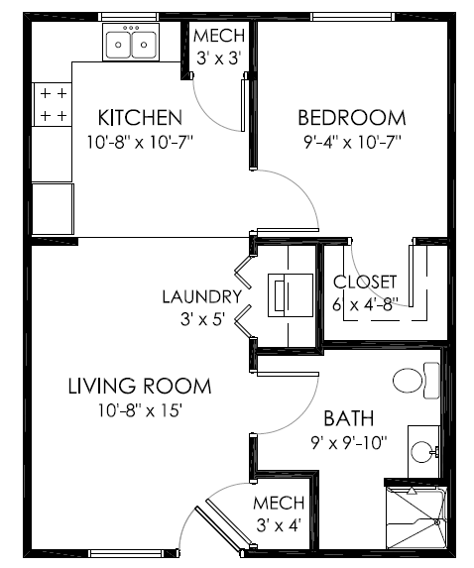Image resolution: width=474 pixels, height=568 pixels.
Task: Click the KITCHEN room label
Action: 139,118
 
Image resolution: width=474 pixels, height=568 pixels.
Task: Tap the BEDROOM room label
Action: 352,118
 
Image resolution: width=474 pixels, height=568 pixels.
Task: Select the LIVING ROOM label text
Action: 139,386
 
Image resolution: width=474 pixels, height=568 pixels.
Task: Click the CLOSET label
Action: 365,283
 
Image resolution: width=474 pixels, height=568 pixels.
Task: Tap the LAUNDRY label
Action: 202,296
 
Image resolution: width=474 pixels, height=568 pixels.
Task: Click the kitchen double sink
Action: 132,44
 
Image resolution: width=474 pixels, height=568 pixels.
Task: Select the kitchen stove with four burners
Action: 54,105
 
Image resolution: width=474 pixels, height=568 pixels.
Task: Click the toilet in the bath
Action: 415,379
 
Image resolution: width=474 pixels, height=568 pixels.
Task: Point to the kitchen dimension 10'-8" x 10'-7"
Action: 139,141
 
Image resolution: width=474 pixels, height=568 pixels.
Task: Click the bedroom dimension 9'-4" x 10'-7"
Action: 352,141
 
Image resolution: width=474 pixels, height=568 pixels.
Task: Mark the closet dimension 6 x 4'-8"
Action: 365,305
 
